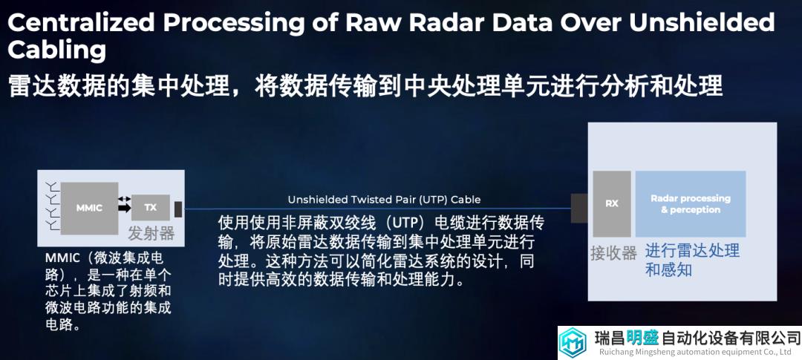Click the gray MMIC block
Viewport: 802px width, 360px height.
click(90, 208)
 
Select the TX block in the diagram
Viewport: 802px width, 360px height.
click(150, 208)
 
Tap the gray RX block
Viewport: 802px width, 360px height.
click(612, 203)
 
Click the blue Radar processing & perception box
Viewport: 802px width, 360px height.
click(691, 203)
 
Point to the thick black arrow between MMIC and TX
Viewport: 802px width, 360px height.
click(124, 208)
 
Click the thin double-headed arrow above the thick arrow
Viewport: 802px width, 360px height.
click(124, 198)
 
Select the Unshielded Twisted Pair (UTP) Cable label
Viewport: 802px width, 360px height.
click(384, 200)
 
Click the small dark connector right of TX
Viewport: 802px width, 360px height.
click(178, 209)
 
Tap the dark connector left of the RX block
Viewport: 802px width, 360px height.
click(579, 208)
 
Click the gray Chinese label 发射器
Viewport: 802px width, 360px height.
click(151, 233)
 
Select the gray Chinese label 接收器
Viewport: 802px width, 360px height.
click(614, 252)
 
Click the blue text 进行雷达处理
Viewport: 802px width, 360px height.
click(692, 251)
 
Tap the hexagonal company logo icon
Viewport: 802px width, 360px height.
click(573, 343)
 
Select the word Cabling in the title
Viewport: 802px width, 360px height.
click(56, 50)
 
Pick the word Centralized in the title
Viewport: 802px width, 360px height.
click(81, 22)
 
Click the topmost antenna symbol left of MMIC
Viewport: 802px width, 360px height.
click(52, 185)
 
